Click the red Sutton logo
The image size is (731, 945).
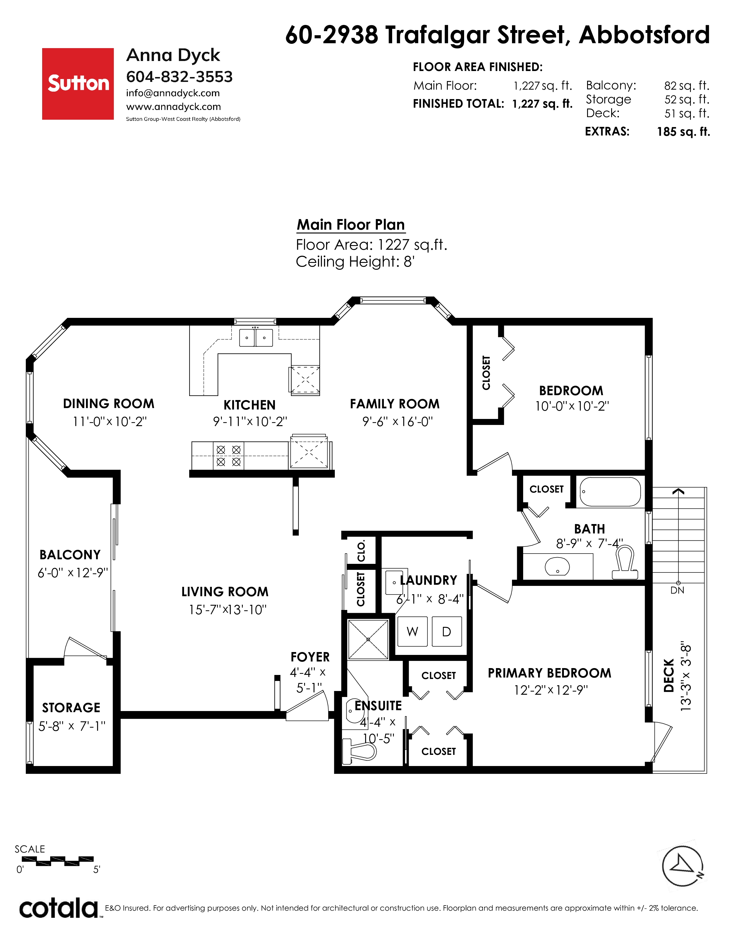[x=78, y=84]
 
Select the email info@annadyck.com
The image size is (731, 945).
[x=173, y=93]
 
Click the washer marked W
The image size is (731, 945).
[x=412, y=632]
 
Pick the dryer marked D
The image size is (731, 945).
[x=446, y=632]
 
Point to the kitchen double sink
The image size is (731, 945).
[x=256, y=338]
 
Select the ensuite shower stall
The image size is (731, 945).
[x=368, y=639]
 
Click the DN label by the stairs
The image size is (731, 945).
[x=677, y=590]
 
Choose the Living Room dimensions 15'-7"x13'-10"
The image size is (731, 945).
[x=228, y=610]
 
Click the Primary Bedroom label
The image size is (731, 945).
[x=550, y=673]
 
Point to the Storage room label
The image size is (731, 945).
[x=71, y=707]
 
